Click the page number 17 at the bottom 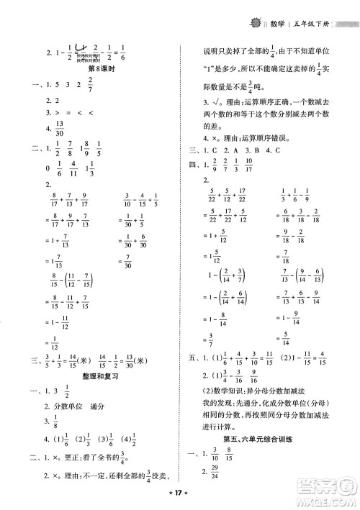(x=180, y=496)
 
